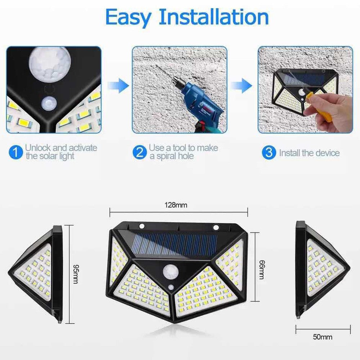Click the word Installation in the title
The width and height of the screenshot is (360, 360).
coord(213,17)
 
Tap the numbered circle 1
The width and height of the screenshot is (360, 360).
coord(15,152)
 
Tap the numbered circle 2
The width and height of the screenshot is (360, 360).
coord(139,152)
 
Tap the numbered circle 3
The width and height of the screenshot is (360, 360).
coord(269,153)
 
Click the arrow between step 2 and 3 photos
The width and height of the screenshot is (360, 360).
coord(242,85)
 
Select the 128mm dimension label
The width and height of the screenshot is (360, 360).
coord(176,205)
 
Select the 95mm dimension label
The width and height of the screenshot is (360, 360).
coord(75,274)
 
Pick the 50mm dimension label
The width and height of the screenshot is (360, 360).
coord(323,337)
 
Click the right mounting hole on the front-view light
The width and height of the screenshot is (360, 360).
coord(216,227)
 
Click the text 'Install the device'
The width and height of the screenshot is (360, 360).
coord(309,153)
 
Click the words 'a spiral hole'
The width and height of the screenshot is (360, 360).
coord(172,156)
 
